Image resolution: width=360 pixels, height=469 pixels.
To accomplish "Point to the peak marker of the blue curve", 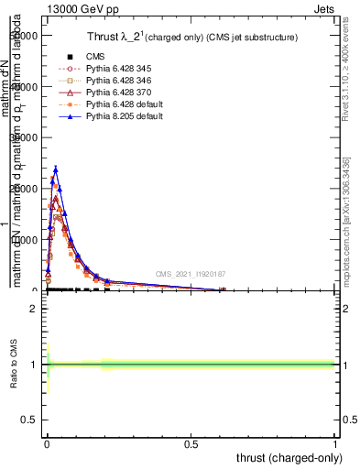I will coord(56,169).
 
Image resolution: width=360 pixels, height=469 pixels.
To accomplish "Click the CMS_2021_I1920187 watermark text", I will coord(191,274).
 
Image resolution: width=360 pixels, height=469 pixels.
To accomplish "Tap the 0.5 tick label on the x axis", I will coord(191,442).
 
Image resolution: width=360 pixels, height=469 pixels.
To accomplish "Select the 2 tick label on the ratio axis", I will coord(33,309).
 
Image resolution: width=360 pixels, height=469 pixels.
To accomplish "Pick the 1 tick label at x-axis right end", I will coord(336,442).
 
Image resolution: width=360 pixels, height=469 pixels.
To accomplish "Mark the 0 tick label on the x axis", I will coord(47,442).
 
